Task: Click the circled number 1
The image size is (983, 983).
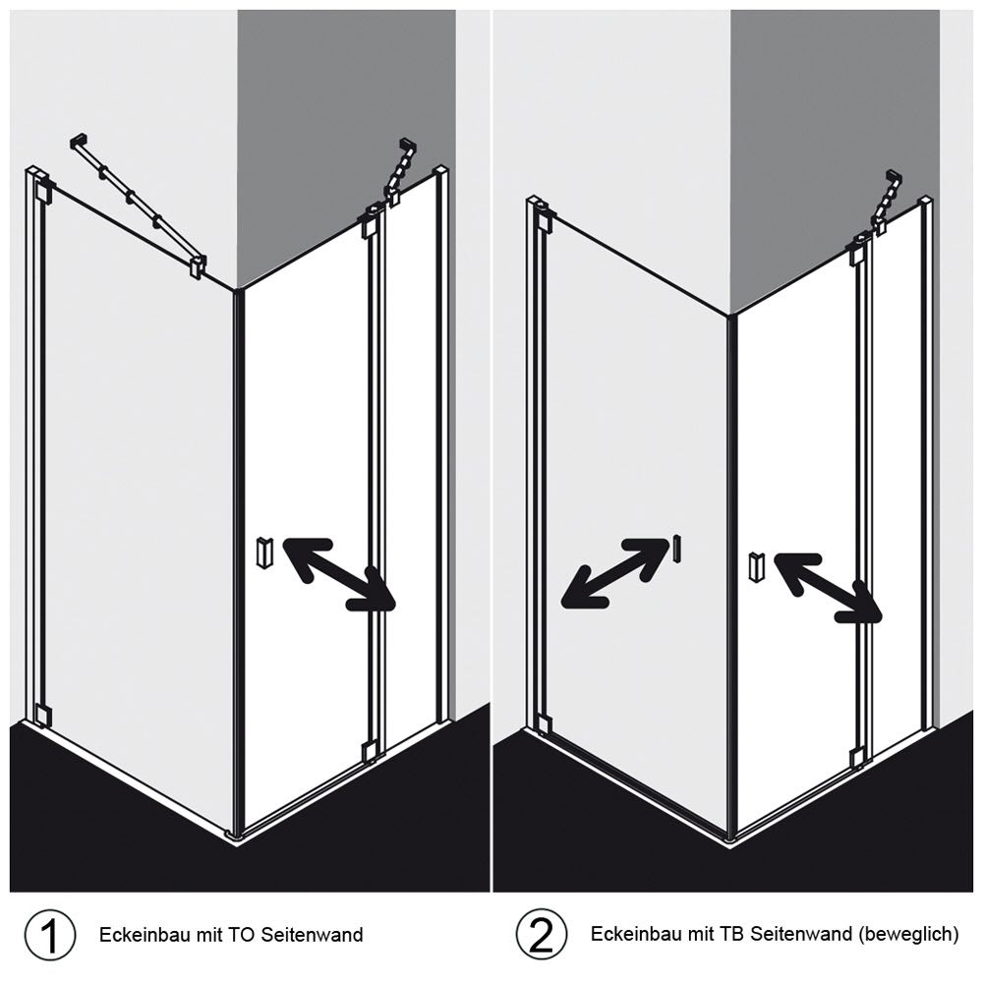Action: (x=50, y=934)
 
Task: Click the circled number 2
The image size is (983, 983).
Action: (x=542, y=934)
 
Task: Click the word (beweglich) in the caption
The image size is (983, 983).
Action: (x=909, y=935)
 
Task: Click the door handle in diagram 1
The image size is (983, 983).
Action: (x=264, y=552)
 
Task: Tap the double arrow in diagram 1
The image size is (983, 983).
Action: (x=339, y=574)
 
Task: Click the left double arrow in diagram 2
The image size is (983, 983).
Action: (x=615, y=572)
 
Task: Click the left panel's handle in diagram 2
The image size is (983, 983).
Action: (x=676, y=549)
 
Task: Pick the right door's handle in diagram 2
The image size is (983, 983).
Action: (x=757, y=568)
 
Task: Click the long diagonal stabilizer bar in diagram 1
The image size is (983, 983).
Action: (x=138, y=203)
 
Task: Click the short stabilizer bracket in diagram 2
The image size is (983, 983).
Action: (x=888, y=201)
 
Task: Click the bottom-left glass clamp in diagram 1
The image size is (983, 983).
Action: (x=42, y=715)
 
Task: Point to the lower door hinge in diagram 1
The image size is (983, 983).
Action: (x=370, y=750)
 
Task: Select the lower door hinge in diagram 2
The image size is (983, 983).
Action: (x=857, y=757)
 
